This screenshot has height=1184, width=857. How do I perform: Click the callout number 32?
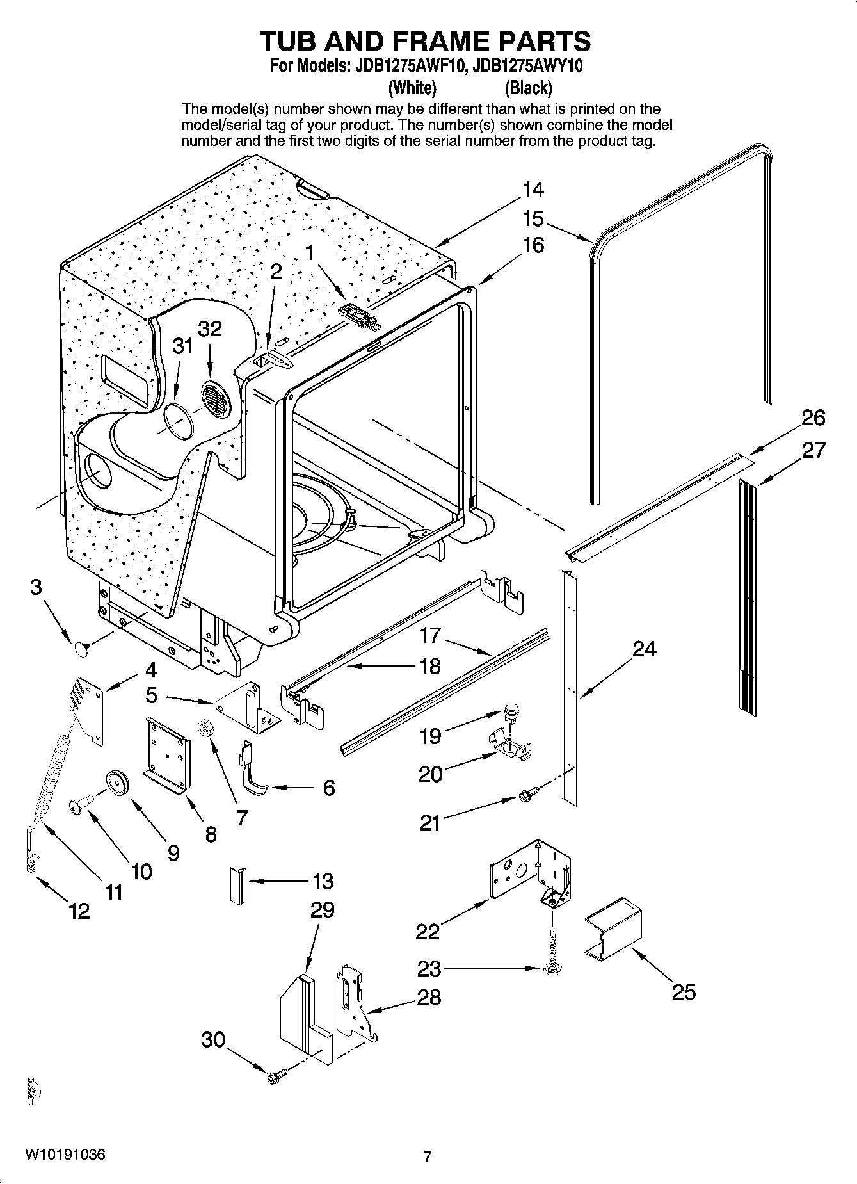(x=210, y=328)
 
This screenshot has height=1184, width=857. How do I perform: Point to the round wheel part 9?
(x=118, y=784)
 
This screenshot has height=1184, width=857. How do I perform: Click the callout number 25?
(x=684, y=992)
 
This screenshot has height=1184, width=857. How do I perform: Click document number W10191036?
(x=65, y=1155)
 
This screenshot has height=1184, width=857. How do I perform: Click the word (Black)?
(x=528, y=87)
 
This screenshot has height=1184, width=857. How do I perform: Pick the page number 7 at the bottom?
(x=428, y=1156)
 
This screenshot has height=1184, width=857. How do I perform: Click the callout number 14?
(x=533, y=190)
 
